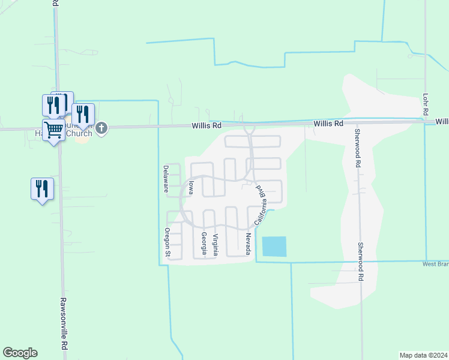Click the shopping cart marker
coord(54,130)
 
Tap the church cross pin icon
coord(102,128)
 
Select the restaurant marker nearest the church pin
coord(83,114)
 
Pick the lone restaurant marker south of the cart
coord(42,189)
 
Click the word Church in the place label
coord(79,133)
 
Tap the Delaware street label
coord(166,179)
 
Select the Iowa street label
coord(190,188)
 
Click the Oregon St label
coord(167,243)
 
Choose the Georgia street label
coord(203,244)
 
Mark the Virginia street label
coord(215,244)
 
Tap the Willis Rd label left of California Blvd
coord(206,126)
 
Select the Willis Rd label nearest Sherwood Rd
coord(328,123)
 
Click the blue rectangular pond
coord(274,247)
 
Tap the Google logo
coord(20,353)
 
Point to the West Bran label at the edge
coord(435,264)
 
